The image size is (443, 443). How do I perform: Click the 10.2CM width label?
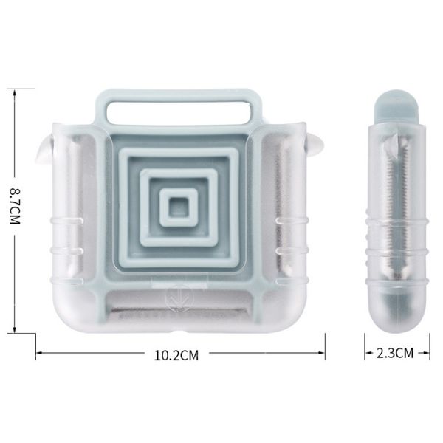pos(176,354)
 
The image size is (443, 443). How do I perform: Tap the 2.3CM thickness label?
pos(395,353)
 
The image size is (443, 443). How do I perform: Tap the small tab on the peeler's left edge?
pos(44,150)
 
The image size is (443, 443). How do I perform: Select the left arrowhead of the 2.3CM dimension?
pos(367,353)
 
